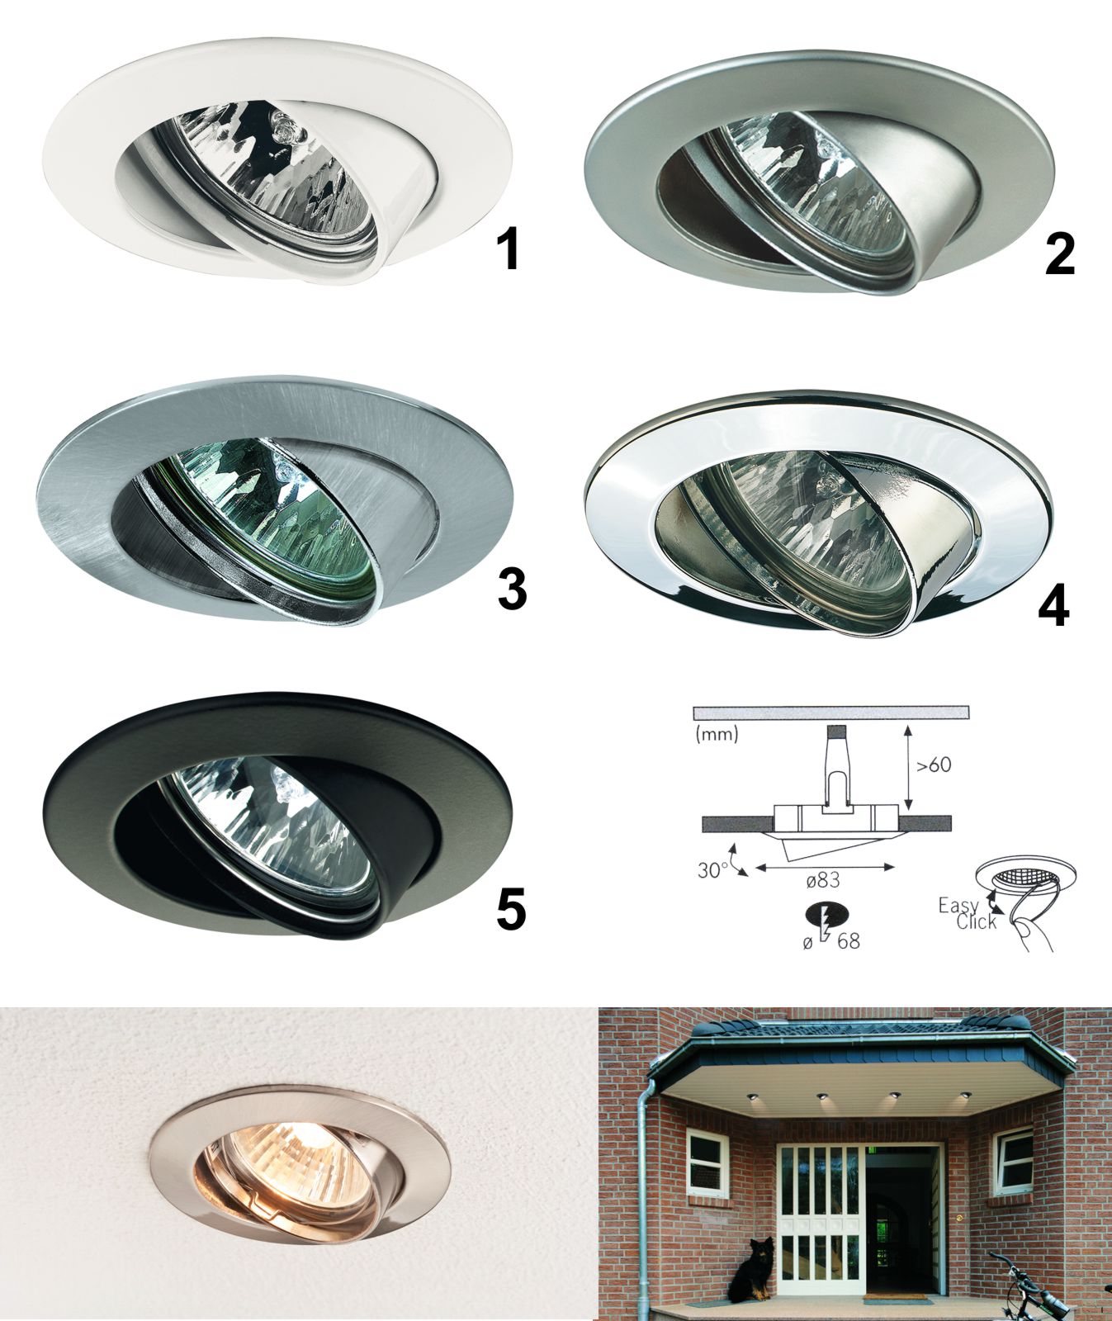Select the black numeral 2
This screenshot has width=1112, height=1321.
[x=1060, y=254]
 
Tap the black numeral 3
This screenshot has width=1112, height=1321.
[x=512, y=589]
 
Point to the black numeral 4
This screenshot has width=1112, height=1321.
[x=1053, y=606]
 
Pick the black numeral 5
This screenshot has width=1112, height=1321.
[x=511, y=909]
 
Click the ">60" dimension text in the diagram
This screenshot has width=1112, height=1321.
[x=933, y=765]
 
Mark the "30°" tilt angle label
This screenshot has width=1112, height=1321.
[x=712, y=870]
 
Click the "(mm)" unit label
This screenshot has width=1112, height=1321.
[x=717, y=733]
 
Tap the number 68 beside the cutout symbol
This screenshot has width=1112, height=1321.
[x=848, y=940]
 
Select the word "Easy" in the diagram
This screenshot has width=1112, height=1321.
[x=958, y=907]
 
